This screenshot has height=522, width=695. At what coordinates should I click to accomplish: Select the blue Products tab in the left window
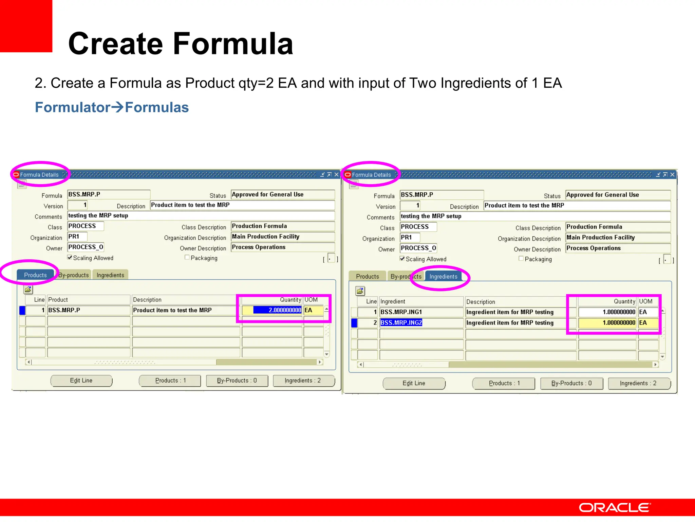[x=35, y=275]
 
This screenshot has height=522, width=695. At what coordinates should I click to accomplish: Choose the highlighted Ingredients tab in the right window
[x=443, y=276]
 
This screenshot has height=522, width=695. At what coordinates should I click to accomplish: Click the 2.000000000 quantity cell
[x=277, y=310]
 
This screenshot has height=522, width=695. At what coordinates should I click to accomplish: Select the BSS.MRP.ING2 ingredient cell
[x=401, y=323]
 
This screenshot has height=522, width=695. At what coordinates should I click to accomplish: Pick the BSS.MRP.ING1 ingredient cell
[x=401, y=312]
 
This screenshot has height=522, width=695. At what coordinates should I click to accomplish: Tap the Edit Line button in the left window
[x=81, y=381]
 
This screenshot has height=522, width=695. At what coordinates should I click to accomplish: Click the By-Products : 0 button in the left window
[x=237, y=381]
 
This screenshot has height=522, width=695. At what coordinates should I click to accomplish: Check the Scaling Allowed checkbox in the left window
[x=70, y=258]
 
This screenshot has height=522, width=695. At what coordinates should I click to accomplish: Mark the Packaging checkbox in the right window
[x=521, y=259]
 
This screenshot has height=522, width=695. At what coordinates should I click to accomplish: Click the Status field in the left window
[x=282, y=194]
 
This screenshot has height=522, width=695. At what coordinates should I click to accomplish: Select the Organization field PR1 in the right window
[x=410, y=237]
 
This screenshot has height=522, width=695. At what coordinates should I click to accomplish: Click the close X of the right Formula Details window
[x=672, y=175]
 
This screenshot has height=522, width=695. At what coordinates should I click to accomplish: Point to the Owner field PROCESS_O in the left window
[x=86, y=247]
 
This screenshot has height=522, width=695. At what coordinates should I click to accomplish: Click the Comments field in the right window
[x=534, y=216]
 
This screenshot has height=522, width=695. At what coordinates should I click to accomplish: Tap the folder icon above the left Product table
[x=28, y=290]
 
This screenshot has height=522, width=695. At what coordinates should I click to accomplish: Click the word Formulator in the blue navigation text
[x=73, y=107]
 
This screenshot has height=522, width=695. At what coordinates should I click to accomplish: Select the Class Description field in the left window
[x=282, y=226]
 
